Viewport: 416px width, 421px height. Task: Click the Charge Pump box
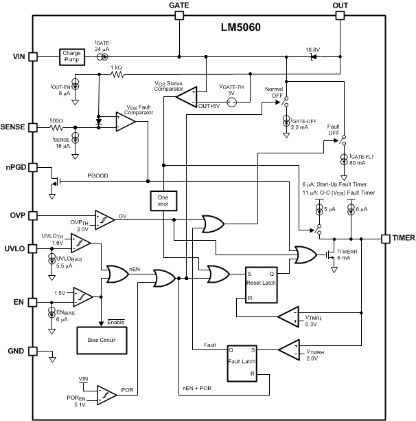[71, 57]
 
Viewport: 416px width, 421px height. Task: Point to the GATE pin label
[179, 5]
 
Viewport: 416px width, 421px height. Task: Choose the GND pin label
[17, 350]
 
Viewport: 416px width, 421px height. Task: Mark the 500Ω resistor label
[56, 120]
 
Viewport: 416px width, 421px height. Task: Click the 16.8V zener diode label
[314, 49]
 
